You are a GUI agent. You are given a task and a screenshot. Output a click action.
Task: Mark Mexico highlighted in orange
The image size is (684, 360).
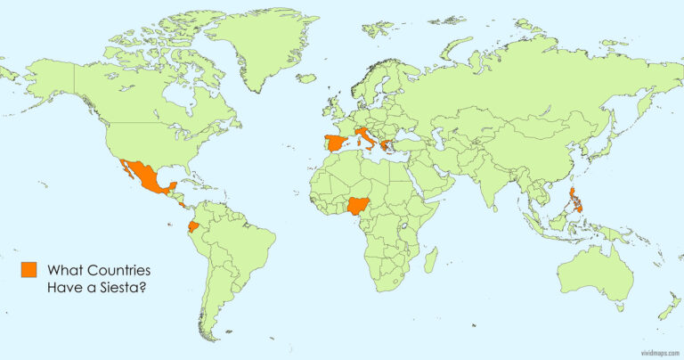click(146, 176)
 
